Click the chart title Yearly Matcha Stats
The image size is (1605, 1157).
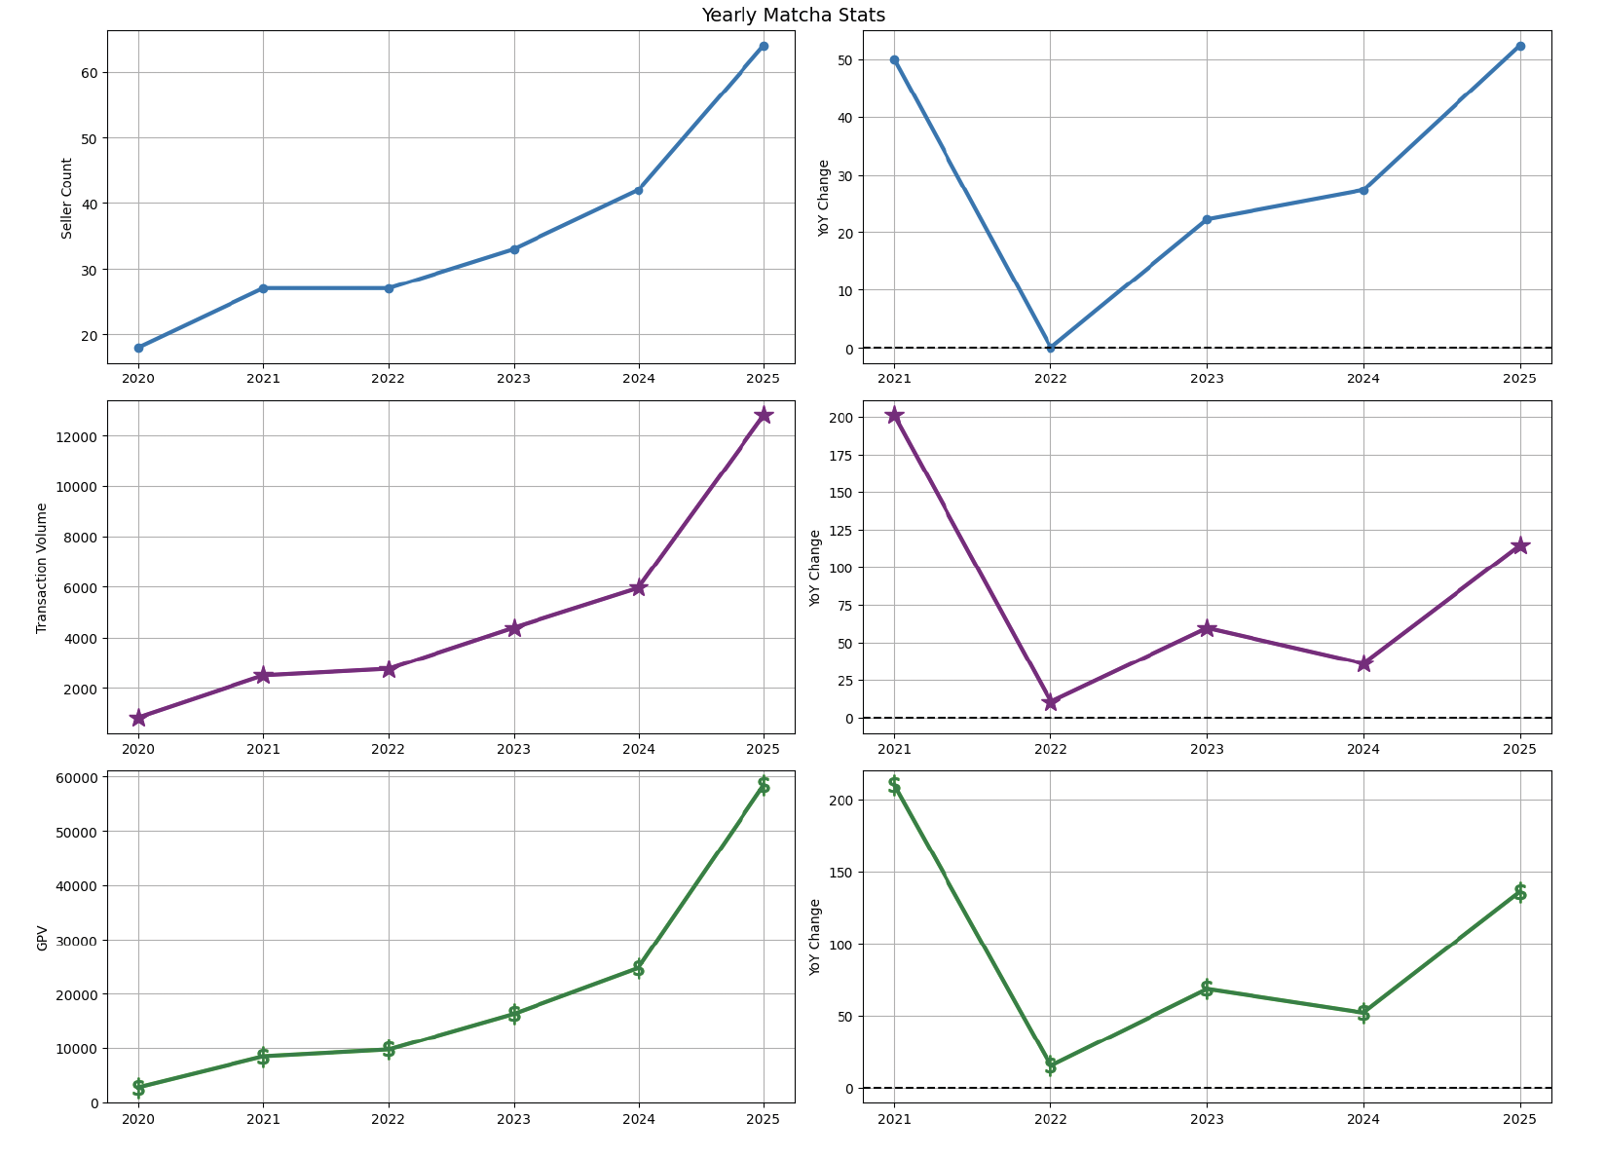pos(793,15)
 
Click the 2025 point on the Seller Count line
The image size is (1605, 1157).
pos(764,46)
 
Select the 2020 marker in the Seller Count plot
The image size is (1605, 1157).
pos(138,348)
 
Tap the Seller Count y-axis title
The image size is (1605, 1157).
pos(67,198)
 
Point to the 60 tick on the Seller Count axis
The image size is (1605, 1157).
pos(90,73)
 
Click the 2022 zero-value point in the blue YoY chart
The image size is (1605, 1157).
pos(1050,348)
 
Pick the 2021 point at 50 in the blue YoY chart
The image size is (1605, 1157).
pos(894,59)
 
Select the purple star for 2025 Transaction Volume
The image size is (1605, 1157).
pos(764,415)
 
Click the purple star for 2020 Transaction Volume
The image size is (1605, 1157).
pos(138,718)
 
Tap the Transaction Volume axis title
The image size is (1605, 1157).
pos(42,568)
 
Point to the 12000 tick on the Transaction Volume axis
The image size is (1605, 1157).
pos(76,436)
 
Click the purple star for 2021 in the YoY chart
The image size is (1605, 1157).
pos(894,415)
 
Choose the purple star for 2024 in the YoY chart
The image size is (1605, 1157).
pos(1363,663)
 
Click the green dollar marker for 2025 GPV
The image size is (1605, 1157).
pos(764,785)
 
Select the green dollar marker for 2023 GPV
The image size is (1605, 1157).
pos(513,1014)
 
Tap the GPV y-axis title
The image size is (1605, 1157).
pos(42,938)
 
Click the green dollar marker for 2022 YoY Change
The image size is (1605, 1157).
pos(1050,1065)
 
